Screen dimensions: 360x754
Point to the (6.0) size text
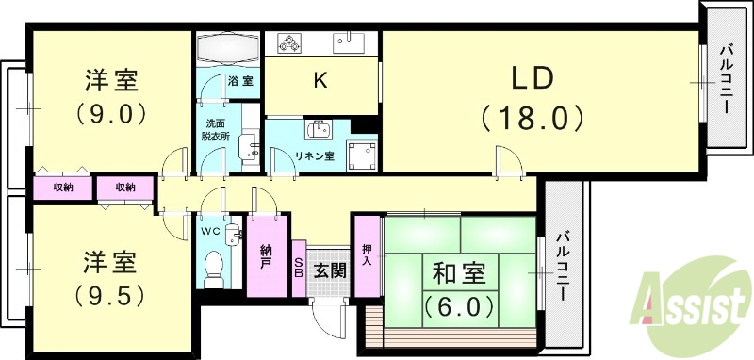coord(459,306)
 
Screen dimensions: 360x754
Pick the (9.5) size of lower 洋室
coord(110,295)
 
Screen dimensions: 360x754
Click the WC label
coord(210,229)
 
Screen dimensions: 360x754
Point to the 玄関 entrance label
coord(329,271)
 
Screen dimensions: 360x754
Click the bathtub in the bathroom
coord(229,47)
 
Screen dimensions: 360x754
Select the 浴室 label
coord(240,82)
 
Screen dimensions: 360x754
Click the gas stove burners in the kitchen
coord(285,42)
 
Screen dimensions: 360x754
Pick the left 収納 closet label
coord(63,188)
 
